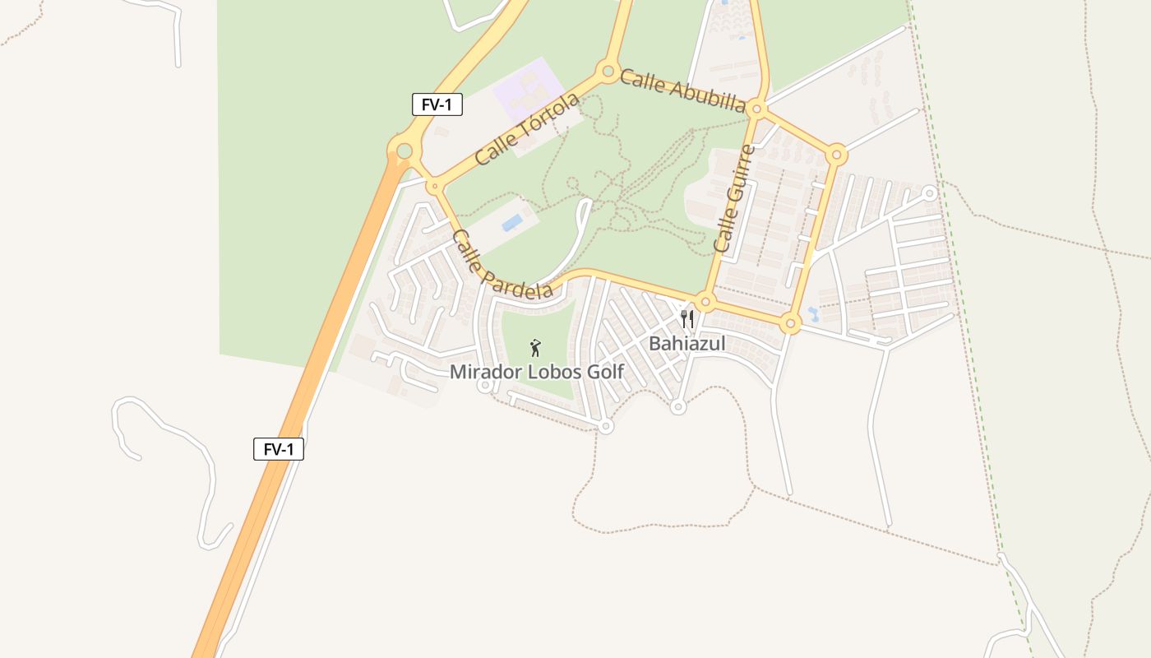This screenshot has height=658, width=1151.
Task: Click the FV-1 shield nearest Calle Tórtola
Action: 437,104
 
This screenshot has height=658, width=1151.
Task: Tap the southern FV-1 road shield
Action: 279,449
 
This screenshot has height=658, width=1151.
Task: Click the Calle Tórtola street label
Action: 527,129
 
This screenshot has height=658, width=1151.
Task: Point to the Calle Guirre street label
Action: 734,198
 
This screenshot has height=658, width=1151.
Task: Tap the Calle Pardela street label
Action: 502,264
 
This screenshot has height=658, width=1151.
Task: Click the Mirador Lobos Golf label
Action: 536,372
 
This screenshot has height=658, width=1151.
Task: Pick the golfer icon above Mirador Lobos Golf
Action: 535,348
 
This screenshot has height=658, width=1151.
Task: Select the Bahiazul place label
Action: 686,344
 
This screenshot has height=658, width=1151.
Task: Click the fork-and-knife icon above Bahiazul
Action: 687,318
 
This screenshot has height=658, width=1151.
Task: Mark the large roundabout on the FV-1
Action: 404,151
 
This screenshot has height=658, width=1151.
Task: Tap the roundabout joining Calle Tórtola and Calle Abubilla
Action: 608,72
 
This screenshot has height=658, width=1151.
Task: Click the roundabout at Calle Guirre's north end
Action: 758,108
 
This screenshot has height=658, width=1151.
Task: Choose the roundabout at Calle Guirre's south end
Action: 705,301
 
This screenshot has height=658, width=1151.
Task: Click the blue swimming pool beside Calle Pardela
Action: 512,222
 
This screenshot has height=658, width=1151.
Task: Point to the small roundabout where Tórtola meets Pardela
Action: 434,187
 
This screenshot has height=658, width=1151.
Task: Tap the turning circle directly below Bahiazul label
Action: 677,406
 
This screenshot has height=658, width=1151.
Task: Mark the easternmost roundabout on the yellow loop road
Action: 836,154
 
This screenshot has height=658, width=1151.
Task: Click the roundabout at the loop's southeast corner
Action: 791,323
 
